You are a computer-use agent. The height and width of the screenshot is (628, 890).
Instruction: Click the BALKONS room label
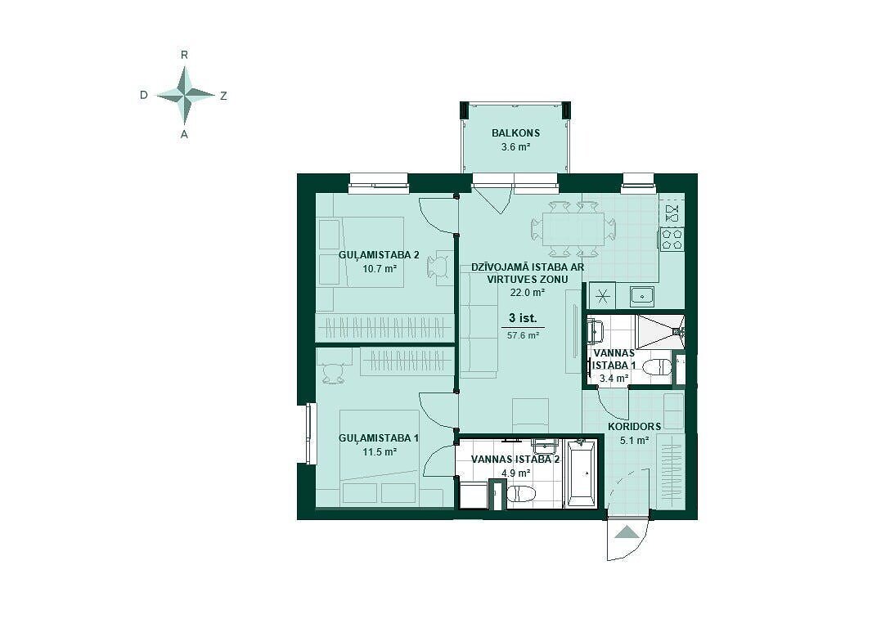click(x=515, y=133)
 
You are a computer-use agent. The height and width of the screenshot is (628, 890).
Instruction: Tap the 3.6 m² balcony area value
click(x=515, y=147)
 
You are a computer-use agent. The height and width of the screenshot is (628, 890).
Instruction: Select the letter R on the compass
click(x=184, y=55)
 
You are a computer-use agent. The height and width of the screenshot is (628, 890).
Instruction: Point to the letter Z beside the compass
click(x=223, y=96)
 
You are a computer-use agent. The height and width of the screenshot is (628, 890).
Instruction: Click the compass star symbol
click(x=185, y=95)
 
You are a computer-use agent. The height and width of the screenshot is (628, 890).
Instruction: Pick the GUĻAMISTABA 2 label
click(x=379, y=255)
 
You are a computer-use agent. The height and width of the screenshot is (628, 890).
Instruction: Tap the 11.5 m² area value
click(x=379, y=452)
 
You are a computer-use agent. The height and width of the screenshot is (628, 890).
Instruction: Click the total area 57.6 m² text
click(x=523, y=335)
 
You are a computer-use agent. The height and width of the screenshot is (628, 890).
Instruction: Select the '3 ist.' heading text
click(x=523, y=318)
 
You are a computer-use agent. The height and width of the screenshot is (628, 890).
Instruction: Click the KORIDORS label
click(x=634, y=427)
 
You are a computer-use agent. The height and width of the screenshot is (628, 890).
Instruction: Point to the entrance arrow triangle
click(x=627, y=532)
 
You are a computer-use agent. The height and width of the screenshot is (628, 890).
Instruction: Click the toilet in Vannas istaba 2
click(x=520, y=494)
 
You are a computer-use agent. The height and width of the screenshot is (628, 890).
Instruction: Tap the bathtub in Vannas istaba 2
click(x=581, y=473)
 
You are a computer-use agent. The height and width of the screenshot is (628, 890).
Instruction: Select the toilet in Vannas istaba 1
click(x=659, y=367)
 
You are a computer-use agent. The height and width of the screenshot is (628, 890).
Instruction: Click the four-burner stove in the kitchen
click(x=672, y=239)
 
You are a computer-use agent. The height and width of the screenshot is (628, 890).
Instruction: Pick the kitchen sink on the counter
click(x=642, y=296)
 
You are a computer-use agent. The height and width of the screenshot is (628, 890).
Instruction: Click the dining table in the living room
click(x=573, y=229)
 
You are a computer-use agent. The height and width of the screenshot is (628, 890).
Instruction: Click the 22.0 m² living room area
click(x=528, y=293)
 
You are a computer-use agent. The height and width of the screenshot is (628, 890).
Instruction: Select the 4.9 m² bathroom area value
click(x=516, y=473)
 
